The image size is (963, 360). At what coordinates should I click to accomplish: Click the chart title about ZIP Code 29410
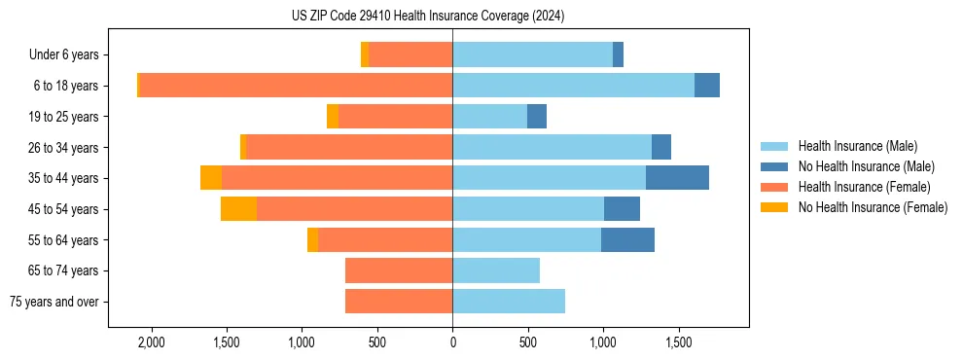[428, 17]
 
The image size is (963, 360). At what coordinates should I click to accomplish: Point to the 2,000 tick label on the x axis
[152, 343]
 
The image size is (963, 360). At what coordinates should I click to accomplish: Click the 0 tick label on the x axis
[452, 343]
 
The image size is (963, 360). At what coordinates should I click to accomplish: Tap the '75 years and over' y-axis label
[54, 302]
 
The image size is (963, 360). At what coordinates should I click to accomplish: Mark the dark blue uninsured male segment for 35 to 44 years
[677, 178]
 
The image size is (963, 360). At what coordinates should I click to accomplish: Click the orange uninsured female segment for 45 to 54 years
[238, 209]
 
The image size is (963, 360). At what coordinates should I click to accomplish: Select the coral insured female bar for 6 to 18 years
[296, 86]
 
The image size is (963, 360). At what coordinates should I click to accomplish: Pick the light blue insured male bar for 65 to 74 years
[496, 270]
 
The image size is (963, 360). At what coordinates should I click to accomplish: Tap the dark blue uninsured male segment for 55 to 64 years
[627, 239]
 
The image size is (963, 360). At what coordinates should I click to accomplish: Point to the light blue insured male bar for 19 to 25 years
[489, 117]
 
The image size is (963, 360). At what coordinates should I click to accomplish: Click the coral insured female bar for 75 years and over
[399, 302]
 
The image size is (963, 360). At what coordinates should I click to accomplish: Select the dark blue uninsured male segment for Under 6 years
[618, 54]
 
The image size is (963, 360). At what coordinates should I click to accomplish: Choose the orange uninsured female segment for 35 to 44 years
[211, 178]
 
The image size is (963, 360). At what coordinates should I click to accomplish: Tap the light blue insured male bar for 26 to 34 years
[552, 147]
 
